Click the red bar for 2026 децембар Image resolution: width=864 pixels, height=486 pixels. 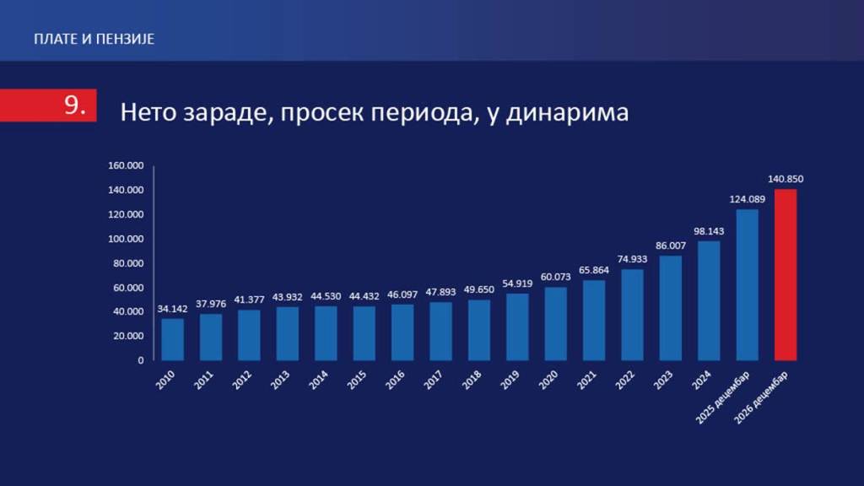click(786, 275)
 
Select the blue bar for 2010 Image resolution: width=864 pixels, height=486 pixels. click(172, 339)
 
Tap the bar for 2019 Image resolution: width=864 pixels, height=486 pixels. click(517, 327)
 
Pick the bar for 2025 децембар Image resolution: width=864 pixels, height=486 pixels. click(748, 285)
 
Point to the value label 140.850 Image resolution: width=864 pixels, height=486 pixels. click(786, 179)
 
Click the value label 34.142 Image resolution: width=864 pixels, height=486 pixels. click(172, 309)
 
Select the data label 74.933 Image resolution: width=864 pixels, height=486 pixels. click(632, 259)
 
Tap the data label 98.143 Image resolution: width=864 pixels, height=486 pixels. click(709, 231)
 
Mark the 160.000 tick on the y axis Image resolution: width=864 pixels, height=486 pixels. click(126, 165)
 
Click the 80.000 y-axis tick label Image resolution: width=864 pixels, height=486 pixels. click(128, 263)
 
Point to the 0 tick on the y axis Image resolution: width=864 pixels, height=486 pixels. click(141, 360)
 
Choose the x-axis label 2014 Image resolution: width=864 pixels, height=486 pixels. click(318, 380)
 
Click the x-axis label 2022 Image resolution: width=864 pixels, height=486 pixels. click(625, 380)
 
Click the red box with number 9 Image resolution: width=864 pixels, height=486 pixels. click(48, 105)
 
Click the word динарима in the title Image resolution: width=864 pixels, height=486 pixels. click(567, 112)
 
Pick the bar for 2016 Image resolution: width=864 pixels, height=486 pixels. click(402, 332)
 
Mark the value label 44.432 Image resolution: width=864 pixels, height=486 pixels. click(364, 296)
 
